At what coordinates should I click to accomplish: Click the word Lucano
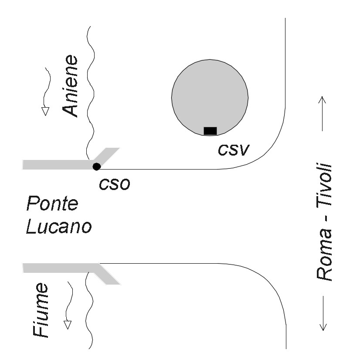58,227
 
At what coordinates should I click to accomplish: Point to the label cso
115,184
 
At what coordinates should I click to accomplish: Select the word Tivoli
325,189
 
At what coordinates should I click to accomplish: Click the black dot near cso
96,166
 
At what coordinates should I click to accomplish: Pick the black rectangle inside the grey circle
210,130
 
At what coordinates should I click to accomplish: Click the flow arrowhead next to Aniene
44,111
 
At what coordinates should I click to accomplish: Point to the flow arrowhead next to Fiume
67,324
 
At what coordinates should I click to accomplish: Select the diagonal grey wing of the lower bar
107,277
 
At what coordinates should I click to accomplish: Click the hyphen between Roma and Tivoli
325,226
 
